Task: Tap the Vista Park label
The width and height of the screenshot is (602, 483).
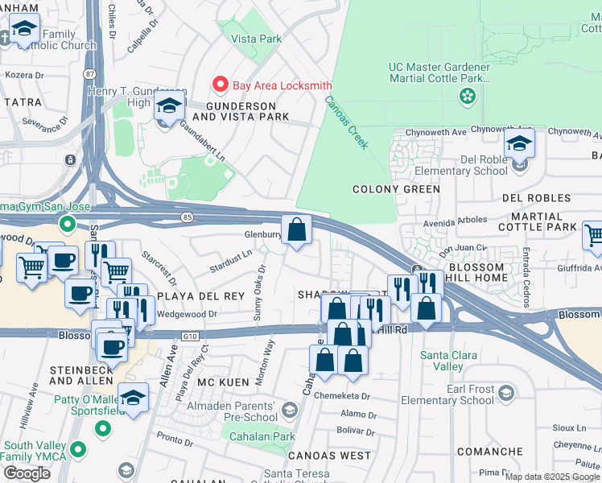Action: coord(256,38)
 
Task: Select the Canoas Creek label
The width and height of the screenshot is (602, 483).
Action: coord(346,122)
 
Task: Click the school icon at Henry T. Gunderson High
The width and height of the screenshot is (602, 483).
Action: coord(169,106)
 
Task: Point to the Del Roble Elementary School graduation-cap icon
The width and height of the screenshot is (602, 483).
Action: coord(519,146)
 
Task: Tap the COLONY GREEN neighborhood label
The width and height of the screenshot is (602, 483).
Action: coord(397,189)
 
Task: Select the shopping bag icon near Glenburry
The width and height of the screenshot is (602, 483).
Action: coord(297,230)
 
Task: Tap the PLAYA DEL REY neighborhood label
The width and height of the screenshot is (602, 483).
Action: coord(200,296)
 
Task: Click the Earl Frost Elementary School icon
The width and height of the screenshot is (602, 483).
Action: coord(505,394)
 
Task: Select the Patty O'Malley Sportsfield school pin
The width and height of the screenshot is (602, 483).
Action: coord(134,398)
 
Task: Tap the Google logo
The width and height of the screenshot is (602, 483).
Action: coord(27,473)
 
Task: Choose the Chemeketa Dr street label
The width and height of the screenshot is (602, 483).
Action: coord(341,396)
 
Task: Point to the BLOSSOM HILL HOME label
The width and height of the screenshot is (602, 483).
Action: coord(467,272)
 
